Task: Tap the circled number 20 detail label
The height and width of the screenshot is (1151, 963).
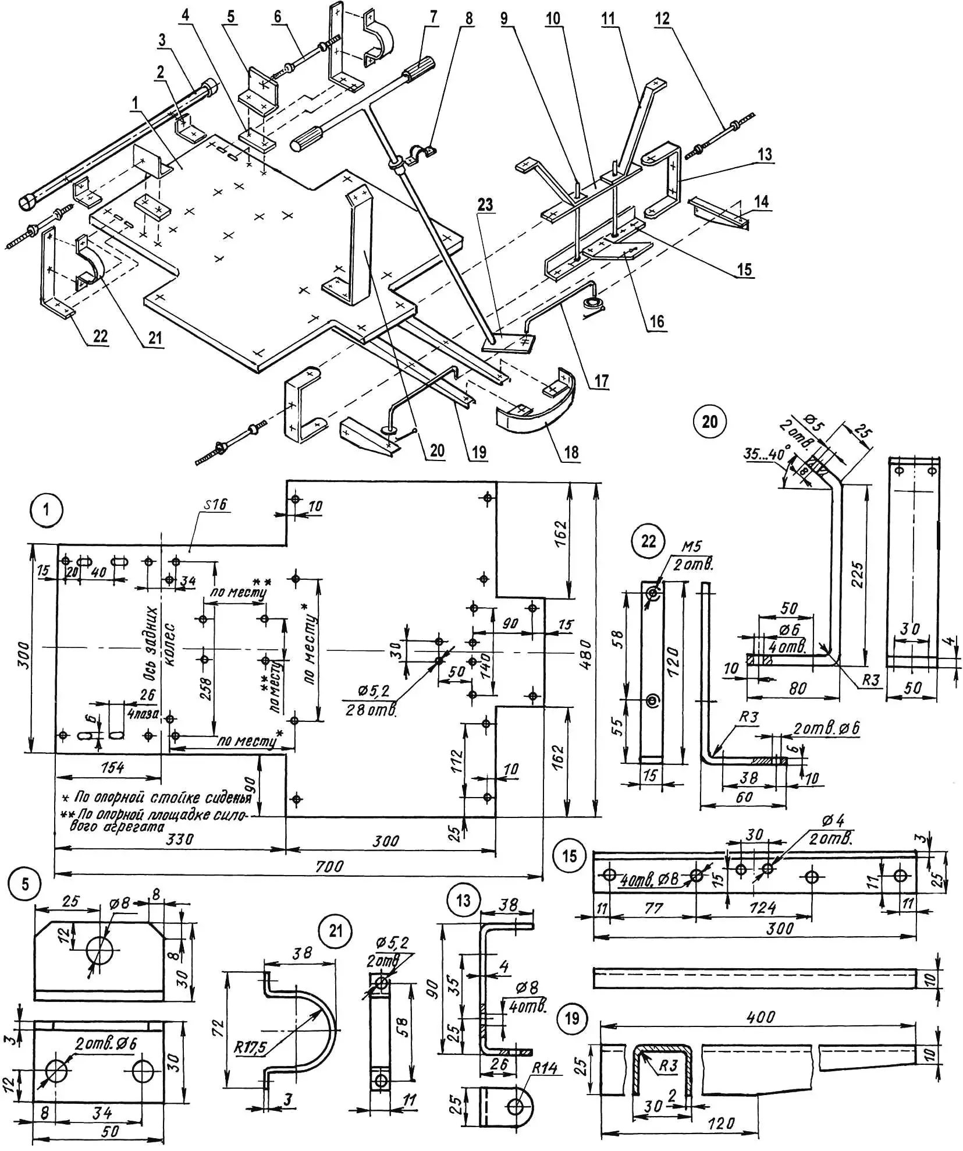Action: coord(709,421)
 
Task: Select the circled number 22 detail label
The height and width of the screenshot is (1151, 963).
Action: coord(648,541)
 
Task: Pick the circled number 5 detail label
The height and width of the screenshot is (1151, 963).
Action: coord(25,884)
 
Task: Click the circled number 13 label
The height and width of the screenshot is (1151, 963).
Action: coord(463,901)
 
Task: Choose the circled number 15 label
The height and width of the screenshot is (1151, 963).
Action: coord(570,855)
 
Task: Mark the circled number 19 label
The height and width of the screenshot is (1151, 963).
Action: coord(572,1018)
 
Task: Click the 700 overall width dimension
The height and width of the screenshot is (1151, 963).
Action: coord(329,866)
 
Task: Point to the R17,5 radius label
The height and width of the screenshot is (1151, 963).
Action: coord(250,1047)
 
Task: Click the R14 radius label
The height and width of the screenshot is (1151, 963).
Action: coord(544,1068)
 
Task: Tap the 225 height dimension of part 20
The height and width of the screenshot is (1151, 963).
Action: coord(857,573)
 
